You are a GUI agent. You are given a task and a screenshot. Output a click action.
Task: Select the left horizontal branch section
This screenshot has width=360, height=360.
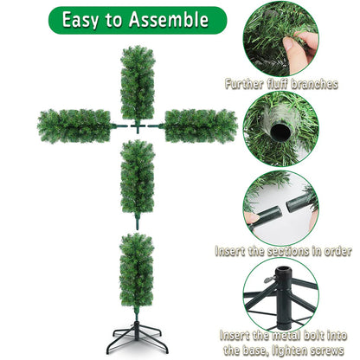[x=75, y=125]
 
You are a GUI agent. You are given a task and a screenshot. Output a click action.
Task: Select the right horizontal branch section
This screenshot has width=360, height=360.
[x=200, y=125]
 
